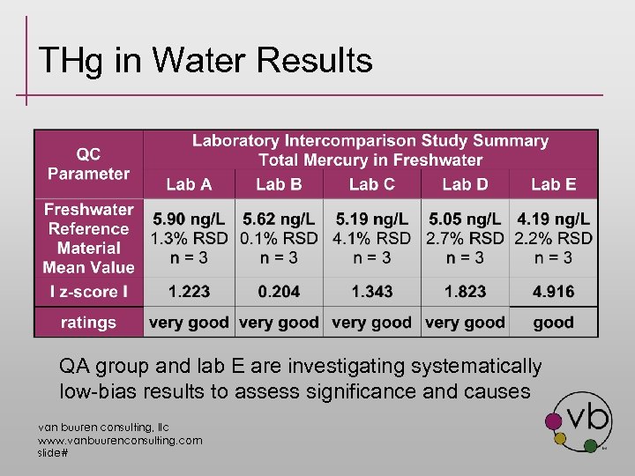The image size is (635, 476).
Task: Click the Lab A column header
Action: click(x=189, y=184)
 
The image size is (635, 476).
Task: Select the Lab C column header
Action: click(x=371, y=184)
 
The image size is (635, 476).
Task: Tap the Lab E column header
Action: click(x=553, y=184)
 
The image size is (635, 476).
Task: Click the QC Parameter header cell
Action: click(x=88, y=164)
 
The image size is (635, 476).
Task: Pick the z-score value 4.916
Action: click(x=553, y=292)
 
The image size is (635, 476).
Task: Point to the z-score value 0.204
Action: click(x=279, y=292)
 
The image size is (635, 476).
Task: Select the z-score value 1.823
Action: click(x=465, y=292)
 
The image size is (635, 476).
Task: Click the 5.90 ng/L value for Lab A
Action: click(x=189, y=219)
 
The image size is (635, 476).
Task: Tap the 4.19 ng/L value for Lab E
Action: click(x=553, y=219)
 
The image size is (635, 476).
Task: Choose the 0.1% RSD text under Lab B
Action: click(x=279, y=238)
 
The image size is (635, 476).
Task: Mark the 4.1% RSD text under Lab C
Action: click(x=371, y=238)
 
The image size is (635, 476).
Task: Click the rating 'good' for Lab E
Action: click(x=553, y=323)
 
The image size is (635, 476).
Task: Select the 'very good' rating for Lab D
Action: click(x=465, y=323)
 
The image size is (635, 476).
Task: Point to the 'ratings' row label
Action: click(x=88, y=323)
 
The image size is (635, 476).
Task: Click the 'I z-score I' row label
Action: click(x=88, y=292)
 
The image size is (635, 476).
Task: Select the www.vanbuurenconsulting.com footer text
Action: click(x=119, y=440)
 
